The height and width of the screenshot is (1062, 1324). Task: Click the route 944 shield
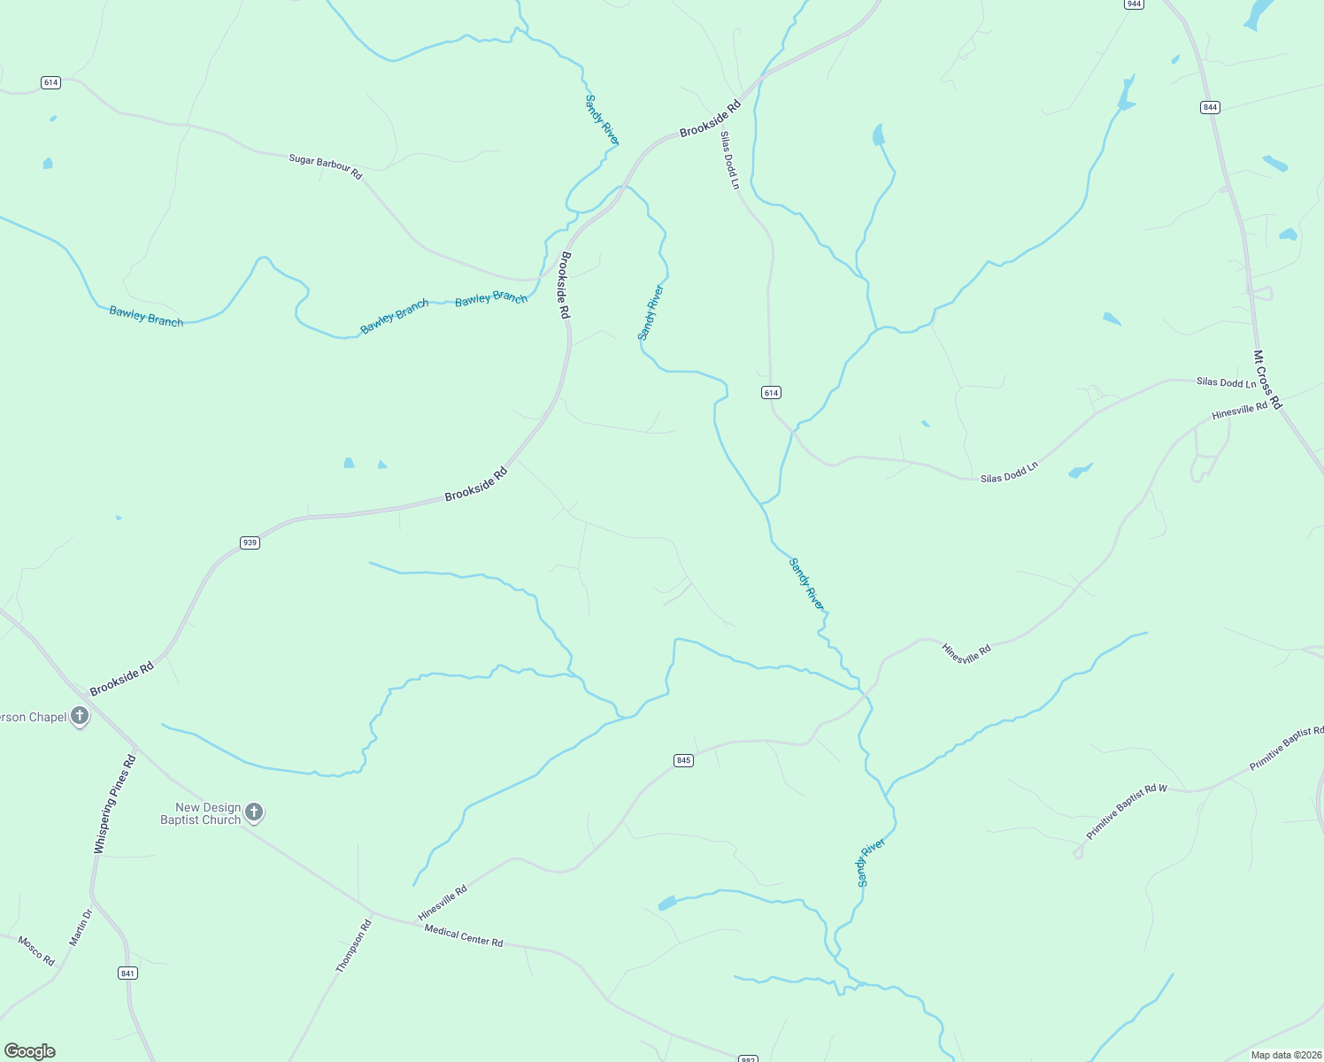pyautogui.click(x=1134, y=4)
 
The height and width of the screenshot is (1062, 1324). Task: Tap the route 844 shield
pyautogui.click(x=1210, y=107)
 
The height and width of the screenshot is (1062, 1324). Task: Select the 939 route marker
pyautogui.click(x=250, y=543)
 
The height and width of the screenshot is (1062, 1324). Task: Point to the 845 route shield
pyautogui.click(x=682, y=760)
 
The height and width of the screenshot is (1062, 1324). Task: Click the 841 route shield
pyautogui.click(x=127, y=973)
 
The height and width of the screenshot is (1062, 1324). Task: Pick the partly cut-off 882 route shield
pyautogui.click(x=748, y=1058)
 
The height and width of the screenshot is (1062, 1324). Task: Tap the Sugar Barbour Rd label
pyautogui.click(x=326, y=166)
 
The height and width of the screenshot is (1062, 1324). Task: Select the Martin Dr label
pyautogui.click(x=81, y=927)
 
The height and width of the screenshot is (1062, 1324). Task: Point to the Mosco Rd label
pyautogui.click(x=36, y=950)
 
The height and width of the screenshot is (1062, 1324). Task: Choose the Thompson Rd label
pyautogui.click(x=354, y=946)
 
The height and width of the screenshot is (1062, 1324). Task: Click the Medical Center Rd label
pyautogui.click(x=464, y=935)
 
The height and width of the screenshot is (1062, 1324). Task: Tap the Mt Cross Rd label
pyautogui.click(x=1267, y=380)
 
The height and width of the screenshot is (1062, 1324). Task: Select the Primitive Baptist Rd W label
pyautogui.click(x=1127, y=812)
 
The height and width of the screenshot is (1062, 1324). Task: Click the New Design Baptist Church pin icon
pyautogui.click(x=254, y=812)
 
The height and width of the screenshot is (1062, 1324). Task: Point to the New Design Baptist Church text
pyautogui.click(x=201, y=813)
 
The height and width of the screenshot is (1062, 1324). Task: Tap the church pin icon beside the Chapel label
pyautogui.click(x=80, y=716)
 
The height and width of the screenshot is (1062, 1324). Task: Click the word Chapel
pyautogui.click(x=48, y=717)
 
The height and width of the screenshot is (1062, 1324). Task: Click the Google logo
pyautogui.click(x=30, y=1051)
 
